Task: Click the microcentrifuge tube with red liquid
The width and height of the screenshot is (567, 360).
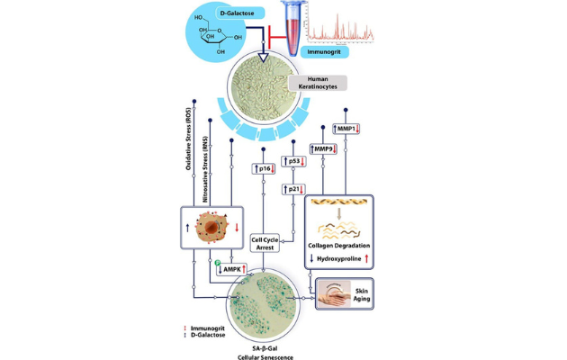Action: [291, 21]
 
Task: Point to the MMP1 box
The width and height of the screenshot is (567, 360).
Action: [346, 129]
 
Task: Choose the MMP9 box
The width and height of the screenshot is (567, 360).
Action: [323, 148]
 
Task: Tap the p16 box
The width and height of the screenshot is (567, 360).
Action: [263, 168]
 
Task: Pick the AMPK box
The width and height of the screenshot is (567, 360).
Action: [230, 268]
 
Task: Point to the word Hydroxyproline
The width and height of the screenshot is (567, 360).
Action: [340, 259]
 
